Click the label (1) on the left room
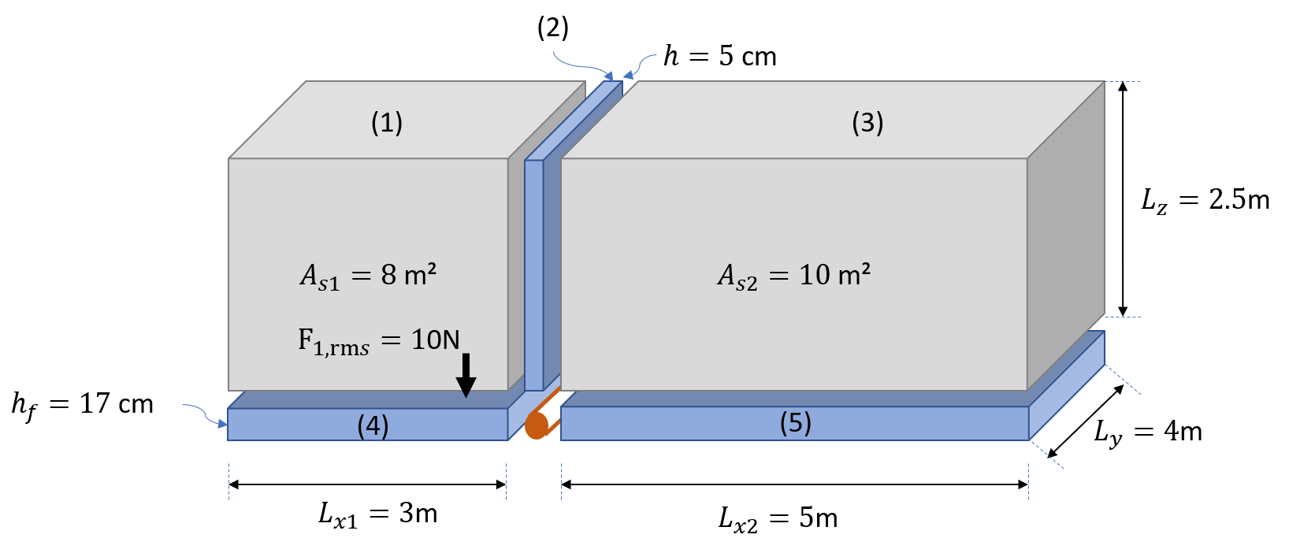387,123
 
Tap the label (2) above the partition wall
553,28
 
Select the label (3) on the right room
867,123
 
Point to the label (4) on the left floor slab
373,426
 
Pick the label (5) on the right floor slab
796,423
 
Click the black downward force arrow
466,375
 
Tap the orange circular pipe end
537,426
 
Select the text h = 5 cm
720,57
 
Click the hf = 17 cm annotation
82,406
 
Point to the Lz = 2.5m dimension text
1205,201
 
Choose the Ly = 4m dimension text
1148,432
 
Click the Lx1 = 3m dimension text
378,514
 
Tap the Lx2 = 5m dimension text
778,519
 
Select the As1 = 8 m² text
368,276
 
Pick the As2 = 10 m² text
794,276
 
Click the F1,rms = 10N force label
379,341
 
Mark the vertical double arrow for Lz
1123,199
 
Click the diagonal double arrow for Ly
1085,421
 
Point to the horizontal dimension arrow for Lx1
368,484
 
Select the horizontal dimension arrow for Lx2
795,484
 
